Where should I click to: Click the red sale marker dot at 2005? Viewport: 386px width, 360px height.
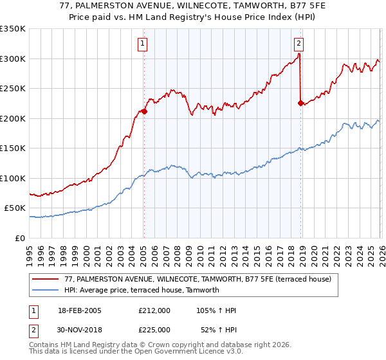click(144, 111)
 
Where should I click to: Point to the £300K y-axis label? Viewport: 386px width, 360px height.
click(12, 59)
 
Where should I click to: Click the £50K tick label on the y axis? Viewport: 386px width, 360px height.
click(14, 208)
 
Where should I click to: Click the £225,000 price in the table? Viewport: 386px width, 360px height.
click(154, 329)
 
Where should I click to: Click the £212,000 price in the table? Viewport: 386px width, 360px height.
click(154, 310)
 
